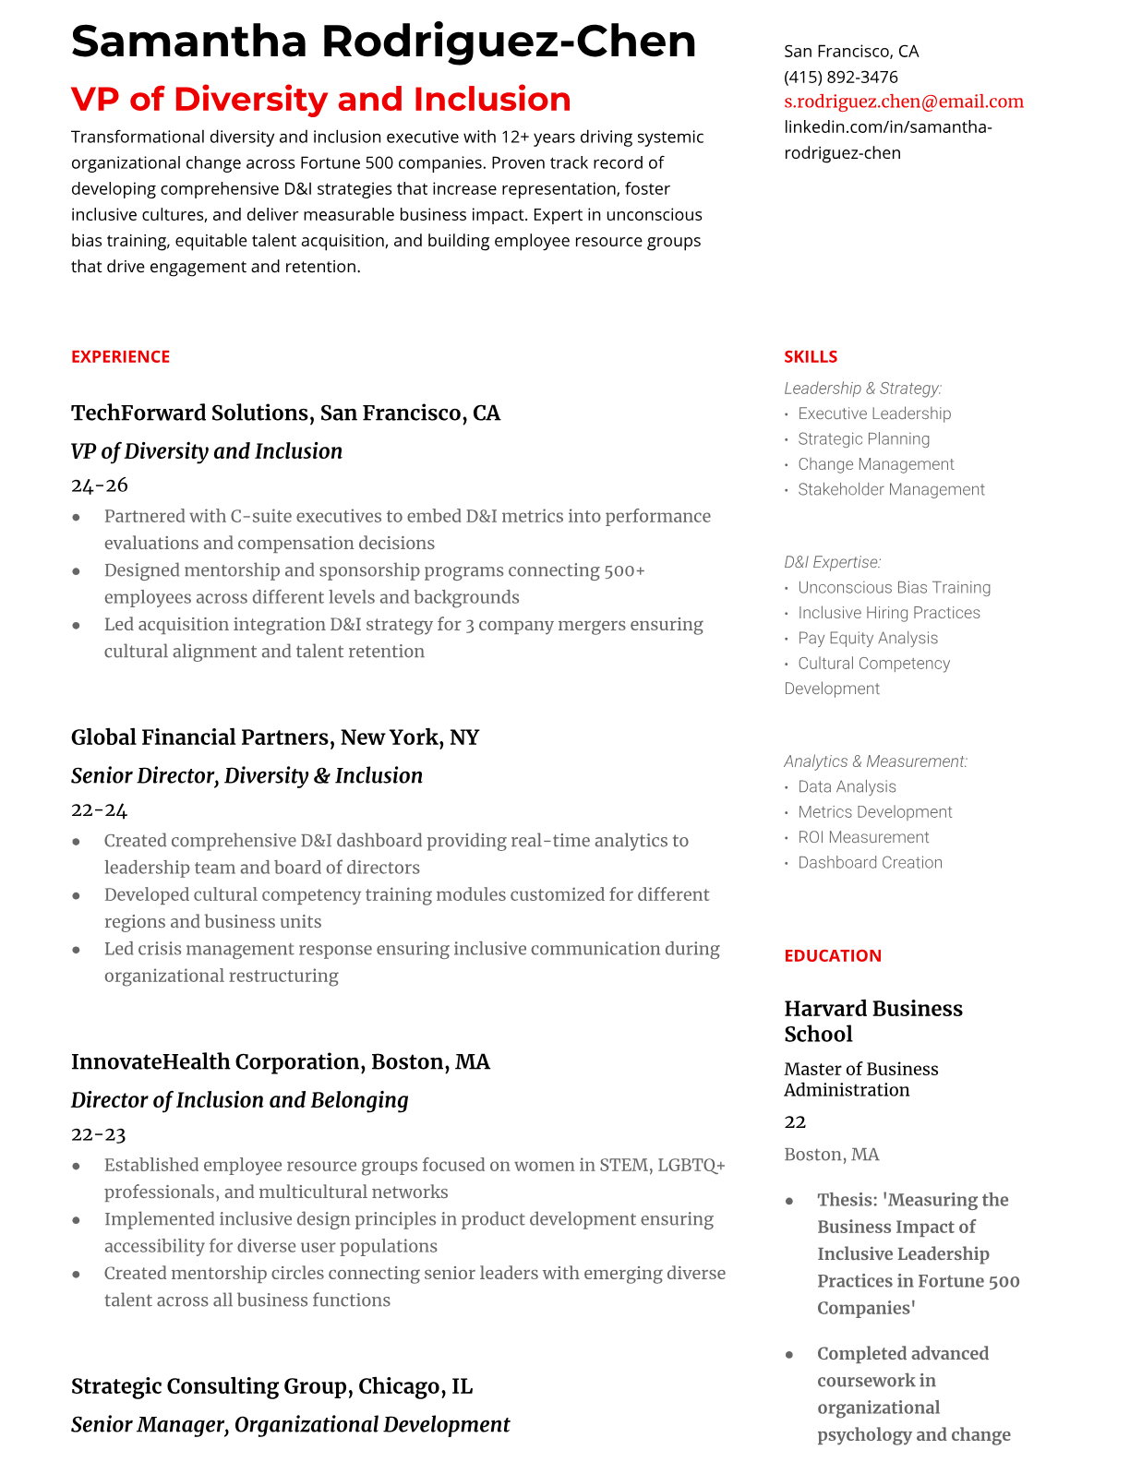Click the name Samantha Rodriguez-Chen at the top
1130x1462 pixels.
[383, 42]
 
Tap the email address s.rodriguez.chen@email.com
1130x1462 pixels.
[903, 102]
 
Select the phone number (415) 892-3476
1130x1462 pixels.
[840, 77]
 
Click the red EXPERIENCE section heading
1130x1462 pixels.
[120, 357]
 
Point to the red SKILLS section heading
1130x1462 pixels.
[810, 357]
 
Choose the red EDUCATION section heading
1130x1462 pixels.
[832, 956]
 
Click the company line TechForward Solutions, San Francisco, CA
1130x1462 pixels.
[285, 413]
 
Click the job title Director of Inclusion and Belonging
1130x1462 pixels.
[239, 1100]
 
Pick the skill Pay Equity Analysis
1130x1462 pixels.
[867, 638]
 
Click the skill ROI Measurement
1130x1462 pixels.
[862, 837]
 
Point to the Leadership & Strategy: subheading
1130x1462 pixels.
[862, 389]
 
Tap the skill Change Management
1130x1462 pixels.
[875, 464]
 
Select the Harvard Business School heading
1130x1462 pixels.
[872, 1021]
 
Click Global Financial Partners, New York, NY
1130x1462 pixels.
[274, 737]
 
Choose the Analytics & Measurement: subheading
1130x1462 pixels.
[875, 761]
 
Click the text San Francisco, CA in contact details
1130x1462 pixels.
[850, 52]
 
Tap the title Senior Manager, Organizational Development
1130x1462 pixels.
[290, 1425]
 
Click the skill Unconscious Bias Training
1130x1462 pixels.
[894, 588]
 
